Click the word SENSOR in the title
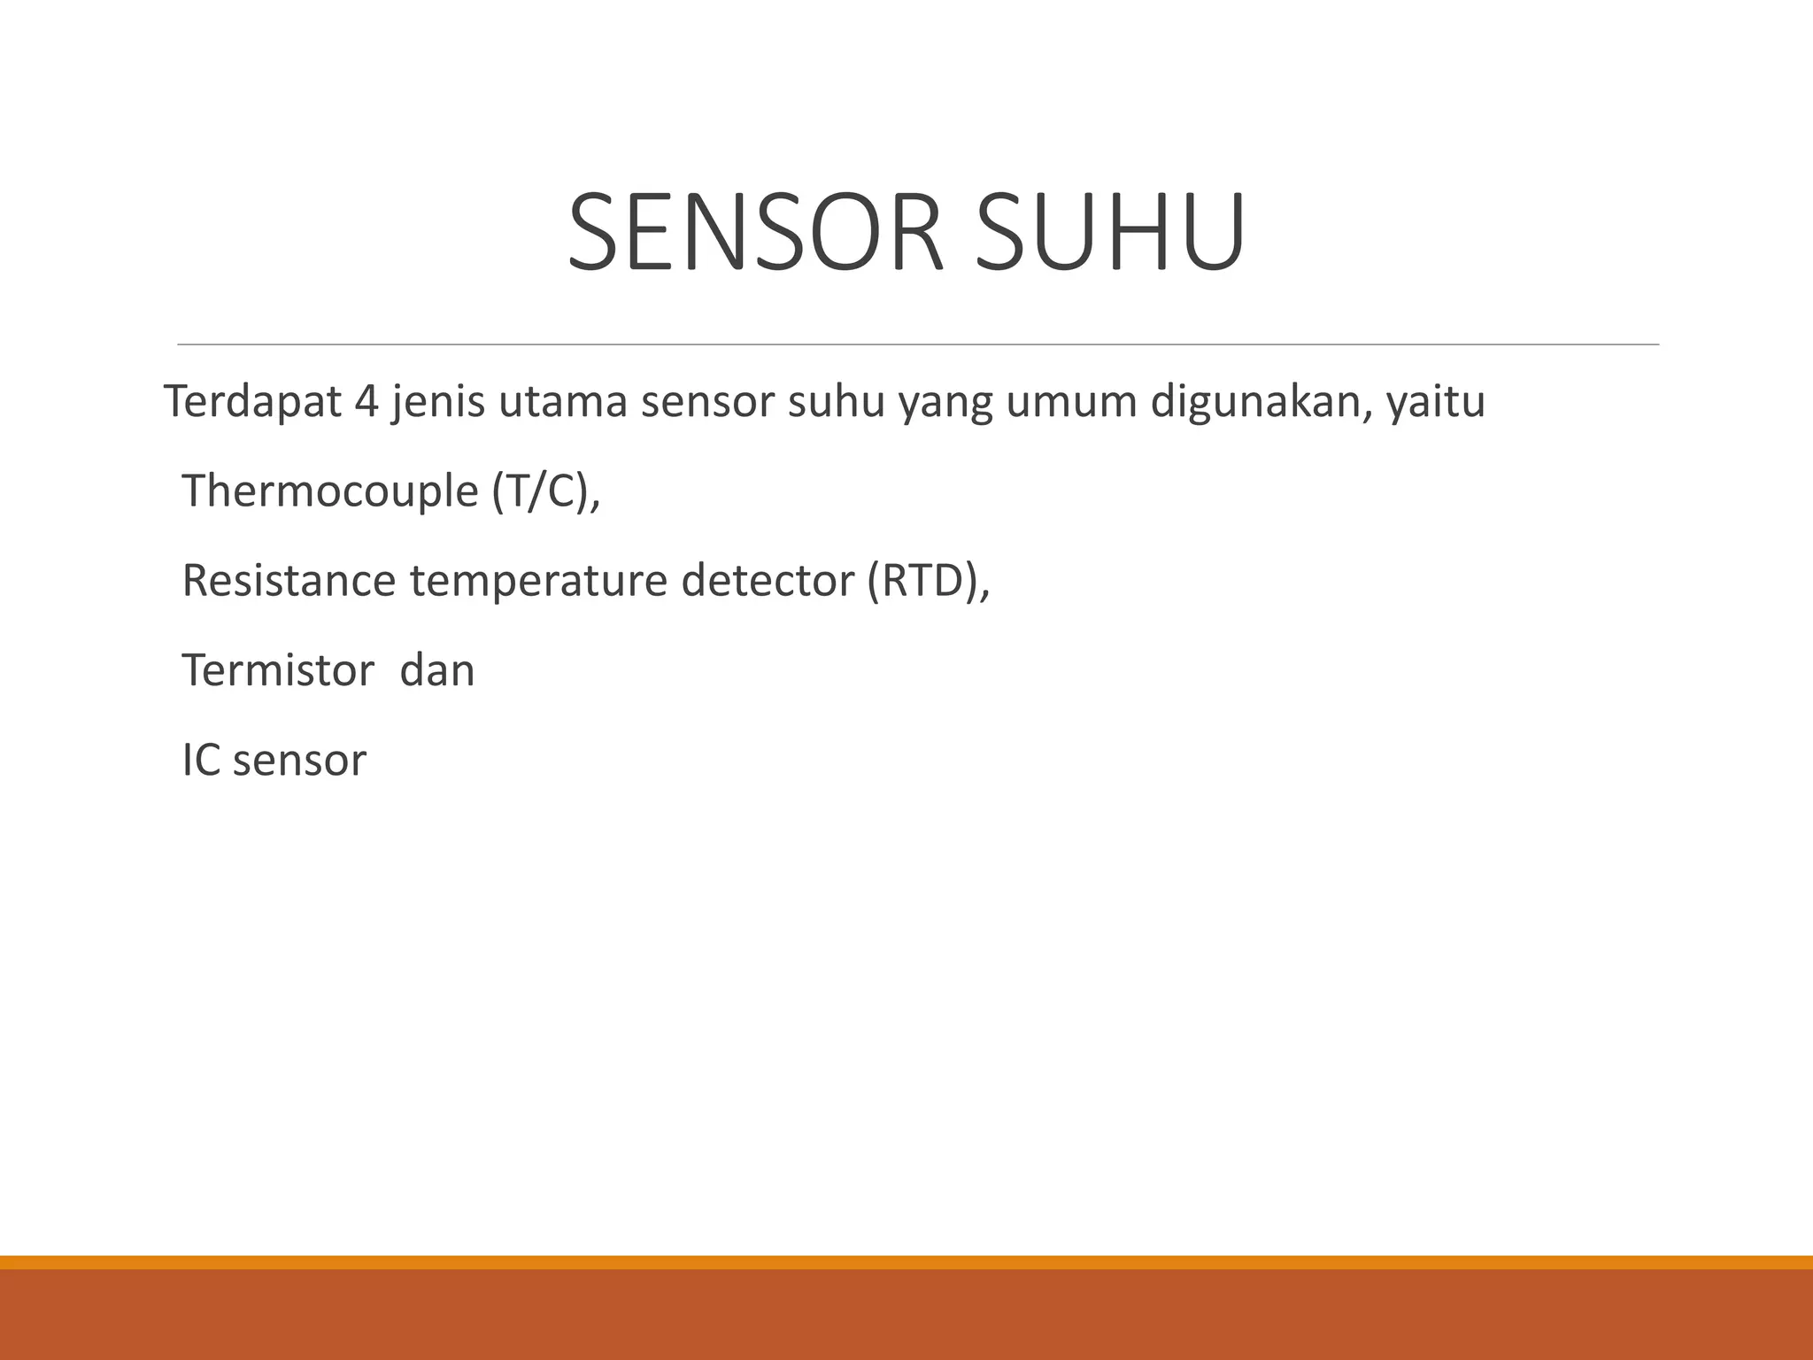click(x=755, y=233)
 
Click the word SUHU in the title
click(x=1110, y=233)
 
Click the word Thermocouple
click(x=330, y=491)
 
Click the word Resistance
click(x=289, y=581)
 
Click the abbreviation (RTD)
click(x=924, y=581)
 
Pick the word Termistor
click(x=278, y=670)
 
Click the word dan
click(x=437, y=670)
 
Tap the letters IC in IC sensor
click(x=201, y=760)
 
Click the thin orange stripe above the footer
click(x=906, y=1262)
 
